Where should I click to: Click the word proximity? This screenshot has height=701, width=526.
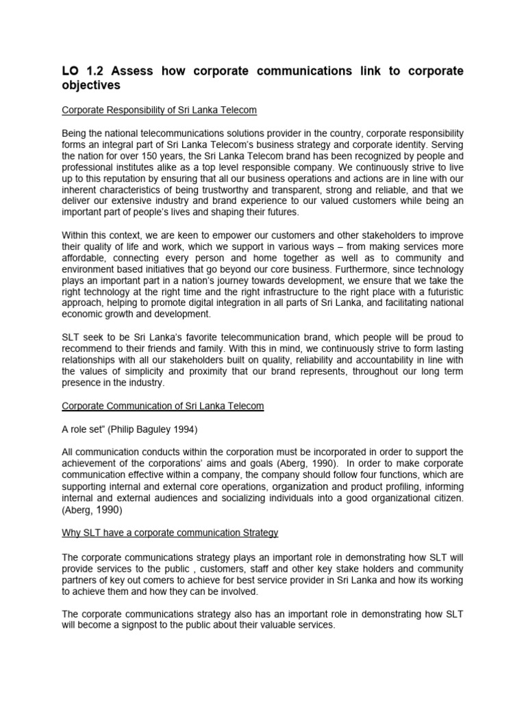point(189,371)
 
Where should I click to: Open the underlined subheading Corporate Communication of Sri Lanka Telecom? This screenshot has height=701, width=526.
point(162,406)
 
